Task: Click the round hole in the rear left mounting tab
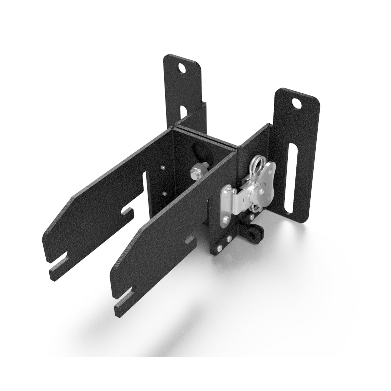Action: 182,69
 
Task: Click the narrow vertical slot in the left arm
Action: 145,193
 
